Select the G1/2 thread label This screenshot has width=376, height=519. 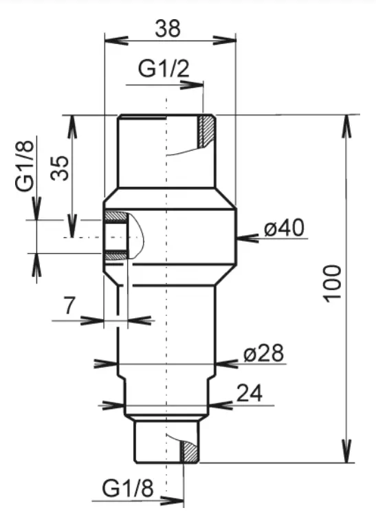click(164, 68)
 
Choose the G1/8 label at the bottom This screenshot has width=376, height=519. click(128, 489)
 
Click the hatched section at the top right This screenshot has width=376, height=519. click(206, 131)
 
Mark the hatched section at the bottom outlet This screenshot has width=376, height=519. click(189, 452)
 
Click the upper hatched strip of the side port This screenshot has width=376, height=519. click(115, 216)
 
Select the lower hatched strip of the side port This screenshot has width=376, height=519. click(115, 256)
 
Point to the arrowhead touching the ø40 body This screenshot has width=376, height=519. click(243, 238)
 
